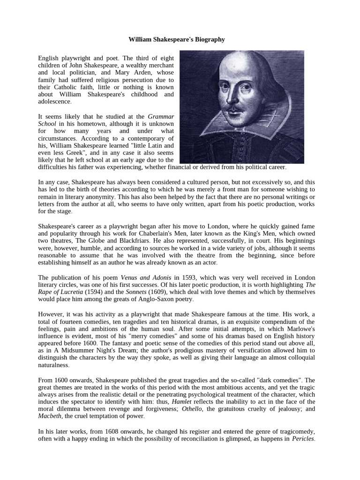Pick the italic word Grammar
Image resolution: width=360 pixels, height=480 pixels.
161,116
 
